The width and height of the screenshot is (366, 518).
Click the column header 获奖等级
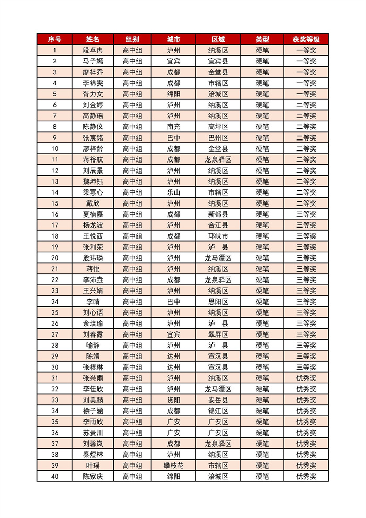point(306,39)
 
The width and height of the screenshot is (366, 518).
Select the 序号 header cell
point(55,39)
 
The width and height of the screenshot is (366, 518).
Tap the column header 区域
point(218,39)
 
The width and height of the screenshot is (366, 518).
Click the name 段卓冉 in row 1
point(93,50)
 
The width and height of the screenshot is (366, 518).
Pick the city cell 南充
point(173,127)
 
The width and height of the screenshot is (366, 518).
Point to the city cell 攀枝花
point(173,466)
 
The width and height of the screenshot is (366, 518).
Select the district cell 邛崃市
point(218,236)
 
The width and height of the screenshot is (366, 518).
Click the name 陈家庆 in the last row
point(93,477)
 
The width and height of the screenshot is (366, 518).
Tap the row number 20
point(55,258)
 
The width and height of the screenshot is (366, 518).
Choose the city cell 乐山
point(173,192)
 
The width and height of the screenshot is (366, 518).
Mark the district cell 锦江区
point(218,411)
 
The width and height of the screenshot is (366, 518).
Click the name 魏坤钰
point(93,181)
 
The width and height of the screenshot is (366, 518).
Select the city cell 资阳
point(173,400)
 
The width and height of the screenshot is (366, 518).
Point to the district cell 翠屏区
point(218,334)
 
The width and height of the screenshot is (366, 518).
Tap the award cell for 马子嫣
point(306,61)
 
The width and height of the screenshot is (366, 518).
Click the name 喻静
point(93,346)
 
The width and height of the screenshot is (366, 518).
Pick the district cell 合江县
point(218,225)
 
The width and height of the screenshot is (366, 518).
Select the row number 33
point(55,400)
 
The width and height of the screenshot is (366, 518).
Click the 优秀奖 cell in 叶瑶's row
point(306,466)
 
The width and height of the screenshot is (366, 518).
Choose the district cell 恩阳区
point(218,301)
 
